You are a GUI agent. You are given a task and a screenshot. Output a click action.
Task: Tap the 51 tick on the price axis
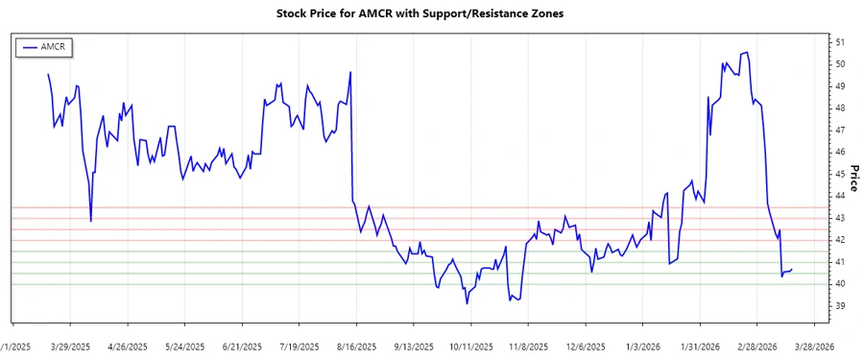point(840,42)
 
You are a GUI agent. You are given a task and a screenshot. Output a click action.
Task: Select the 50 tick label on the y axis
point(840,64)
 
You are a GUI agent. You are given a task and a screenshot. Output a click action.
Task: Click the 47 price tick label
point(840,130)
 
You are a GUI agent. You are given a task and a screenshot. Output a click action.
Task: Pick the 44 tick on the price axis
point(840,196)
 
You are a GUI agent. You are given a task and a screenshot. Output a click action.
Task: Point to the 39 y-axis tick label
point(840,306)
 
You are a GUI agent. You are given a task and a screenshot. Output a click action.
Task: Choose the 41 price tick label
point(840,262)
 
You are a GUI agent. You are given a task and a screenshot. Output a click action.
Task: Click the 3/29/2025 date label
point(71,346)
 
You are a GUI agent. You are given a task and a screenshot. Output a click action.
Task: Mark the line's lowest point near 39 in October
point(467,303)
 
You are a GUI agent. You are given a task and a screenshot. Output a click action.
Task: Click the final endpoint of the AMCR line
point(791,270)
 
